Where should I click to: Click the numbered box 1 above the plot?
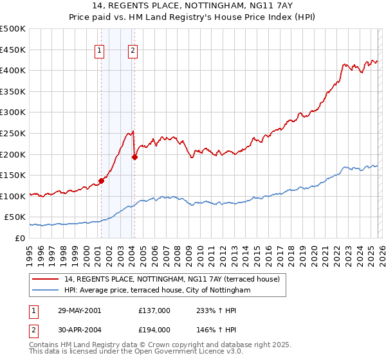[100, 51]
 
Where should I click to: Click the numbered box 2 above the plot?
[133, 51]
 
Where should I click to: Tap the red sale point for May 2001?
[102, 181]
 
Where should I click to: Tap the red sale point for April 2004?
[134, 156]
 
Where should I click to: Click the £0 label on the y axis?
[19, 238]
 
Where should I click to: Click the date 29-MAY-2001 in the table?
[79, 310]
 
